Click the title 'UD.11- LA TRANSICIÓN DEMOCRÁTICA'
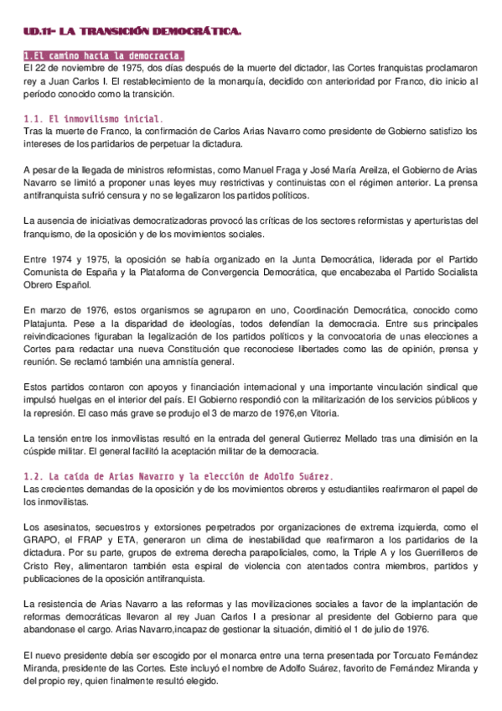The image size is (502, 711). (132, 32)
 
